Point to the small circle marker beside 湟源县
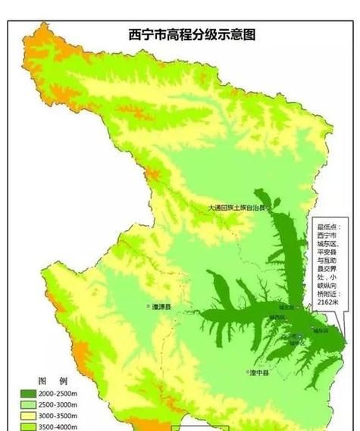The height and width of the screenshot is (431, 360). pyautogui.click(x=149, y=307)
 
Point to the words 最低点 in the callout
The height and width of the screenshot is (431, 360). pyautogui.click(x=327, y=225)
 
